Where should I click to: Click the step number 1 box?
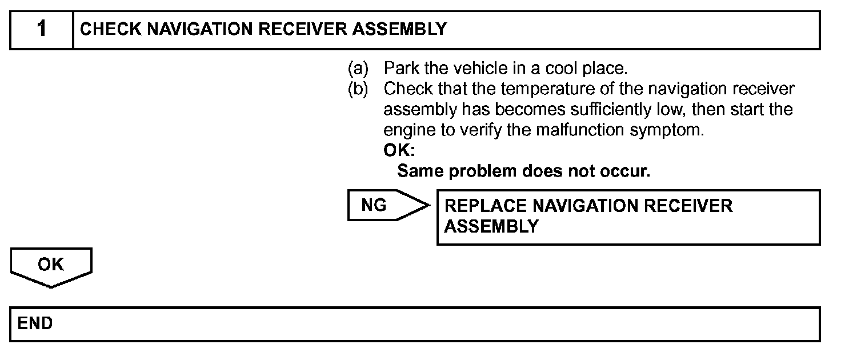(42, 30)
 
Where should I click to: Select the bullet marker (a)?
(358, 69)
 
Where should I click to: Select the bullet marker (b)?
(358, 90)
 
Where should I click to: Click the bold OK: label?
(399, 151)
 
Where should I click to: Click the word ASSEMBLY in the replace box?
(491, 226)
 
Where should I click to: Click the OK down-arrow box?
(51, 266)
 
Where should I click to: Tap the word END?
(35, 324)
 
